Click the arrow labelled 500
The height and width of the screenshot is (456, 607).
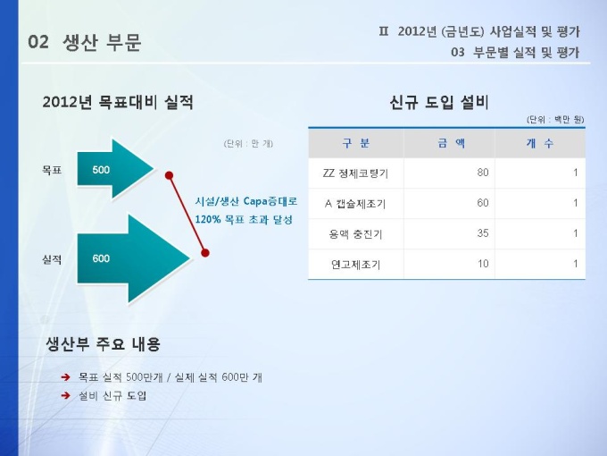point(115,169)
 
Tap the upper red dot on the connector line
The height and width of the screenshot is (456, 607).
point(169,175)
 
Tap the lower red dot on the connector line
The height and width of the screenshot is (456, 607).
point(205,253)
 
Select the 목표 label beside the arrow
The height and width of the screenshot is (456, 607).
point(52,170)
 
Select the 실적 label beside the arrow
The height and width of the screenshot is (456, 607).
point(52,259)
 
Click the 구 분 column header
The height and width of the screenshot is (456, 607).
point(356,143)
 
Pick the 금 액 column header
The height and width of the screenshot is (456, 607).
point(452,143)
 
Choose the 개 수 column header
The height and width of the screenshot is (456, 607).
point(540,143)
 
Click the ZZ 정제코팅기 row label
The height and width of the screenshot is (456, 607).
point(355,173)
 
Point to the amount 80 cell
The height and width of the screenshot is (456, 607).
point(483,173)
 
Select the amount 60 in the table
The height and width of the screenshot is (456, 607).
point(483,203)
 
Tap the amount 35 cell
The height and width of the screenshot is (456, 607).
point(483,233)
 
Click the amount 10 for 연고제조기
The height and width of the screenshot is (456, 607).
point(483,264)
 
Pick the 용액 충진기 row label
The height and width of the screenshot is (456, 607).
point(355,234)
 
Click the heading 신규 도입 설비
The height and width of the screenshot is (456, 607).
point(439,102)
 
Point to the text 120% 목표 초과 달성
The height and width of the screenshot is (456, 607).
point(244,219)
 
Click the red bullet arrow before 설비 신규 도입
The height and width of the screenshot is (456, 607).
point(66,395)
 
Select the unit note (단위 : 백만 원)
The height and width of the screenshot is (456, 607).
point(555,120)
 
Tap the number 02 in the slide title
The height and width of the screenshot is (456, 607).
point(38,42)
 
